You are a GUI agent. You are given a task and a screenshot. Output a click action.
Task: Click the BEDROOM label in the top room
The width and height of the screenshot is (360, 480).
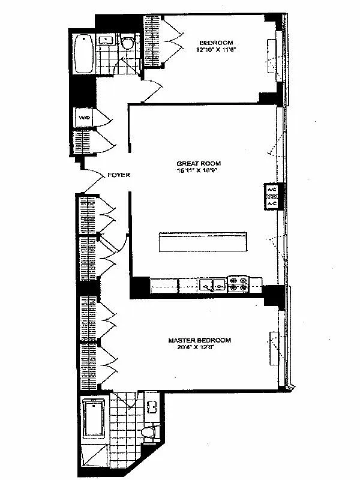[x=211, y=43]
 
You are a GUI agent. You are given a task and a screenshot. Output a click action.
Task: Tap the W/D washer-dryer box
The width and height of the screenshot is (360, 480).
[x=83, y=118]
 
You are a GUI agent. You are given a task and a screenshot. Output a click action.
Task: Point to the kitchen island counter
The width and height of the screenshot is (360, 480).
[x=202, y=242]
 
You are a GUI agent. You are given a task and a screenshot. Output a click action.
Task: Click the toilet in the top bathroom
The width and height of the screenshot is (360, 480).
[x=126, y=43]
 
